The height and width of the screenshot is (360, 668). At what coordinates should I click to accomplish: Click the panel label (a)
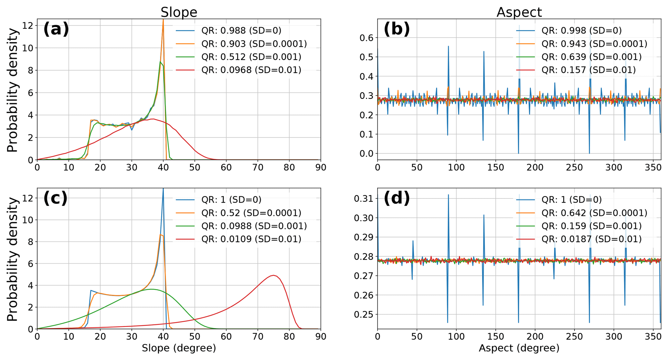56,29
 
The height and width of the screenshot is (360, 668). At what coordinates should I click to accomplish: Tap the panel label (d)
397,198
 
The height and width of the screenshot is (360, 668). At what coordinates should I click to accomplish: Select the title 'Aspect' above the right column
519,12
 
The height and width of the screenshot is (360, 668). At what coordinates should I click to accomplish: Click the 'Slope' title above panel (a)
179,12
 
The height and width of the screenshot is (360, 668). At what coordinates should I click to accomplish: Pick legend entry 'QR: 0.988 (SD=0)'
241,31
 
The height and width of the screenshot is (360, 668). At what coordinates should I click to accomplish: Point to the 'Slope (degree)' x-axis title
179,348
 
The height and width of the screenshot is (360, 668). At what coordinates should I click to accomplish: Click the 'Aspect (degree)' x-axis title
519,348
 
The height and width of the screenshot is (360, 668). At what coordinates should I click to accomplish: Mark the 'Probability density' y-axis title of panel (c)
12,259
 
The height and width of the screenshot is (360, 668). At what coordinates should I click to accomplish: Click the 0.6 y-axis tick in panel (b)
366,38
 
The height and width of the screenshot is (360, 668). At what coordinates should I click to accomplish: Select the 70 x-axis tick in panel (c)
258,337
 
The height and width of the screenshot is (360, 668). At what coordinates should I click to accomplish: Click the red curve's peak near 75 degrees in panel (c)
273,275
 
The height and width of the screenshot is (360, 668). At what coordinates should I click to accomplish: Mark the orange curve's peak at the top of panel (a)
163,20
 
